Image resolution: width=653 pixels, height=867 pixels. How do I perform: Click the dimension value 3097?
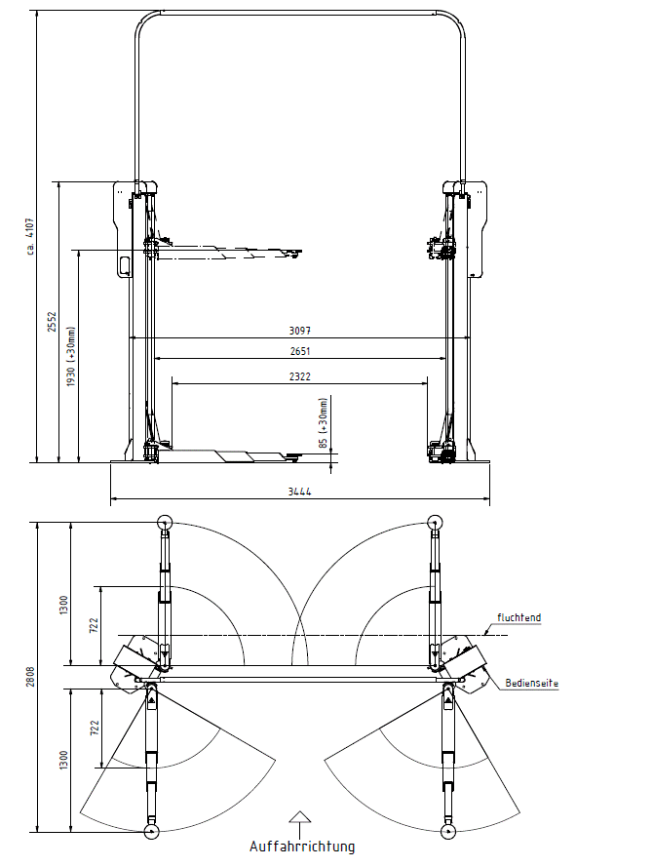[x=300, y=331]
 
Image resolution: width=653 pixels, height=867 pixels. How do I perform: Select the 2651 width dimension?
[x=300, y=351]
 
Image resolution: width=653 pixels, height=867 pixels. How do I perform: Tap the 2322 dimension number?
[x=300, y=376]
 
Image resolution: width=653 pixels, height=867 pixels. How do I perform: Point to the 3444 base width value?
[x=299, y=491]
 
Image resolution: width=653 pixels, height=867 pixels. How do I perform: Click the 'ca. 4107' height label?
[x=30, y=236]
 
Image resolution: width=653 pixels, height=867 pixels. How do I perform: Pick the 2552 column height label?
[x=52, y=321]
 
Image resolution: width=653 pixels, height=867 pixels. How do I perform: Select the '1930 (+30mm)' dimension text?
[x=71, y=357]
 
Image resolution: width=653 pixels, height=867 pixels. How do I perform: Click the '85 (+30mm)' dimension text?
[x=324, y=423]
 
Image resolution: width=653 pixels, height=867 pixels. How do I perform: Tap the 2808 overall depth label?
[x=30, y=677]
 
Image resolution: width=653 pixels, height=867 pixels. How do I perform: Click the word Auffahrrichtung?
[x=301, y=847]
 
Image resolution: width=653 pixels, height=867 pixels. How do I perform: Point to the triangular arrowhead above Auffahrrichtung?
[x=299, y=816]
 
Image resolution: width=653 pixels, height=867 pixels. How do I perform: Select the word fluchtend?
[x=519, y=617]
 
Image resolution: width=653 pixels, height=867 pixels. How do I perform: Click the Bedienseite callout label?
[x=531, y=684]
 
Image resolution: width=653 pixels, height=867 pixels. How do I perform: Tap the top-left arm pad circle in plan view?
[x=165, y=522]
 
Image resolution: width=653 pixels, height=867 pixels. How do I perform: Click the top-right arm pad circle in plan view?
[x=436, y=522]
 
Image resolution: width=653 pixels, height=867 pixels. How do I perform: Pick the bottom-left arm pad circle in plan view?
[x=151, y=831]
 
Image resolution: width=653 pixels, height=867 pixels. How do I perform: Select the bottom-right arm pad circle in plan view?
[x=448, y=831]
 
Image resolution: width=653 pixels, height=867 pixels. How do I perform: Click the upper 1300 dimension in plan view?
[x=63, y=605]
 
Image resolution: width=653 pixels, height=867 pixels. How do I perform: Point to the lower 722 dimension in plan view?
[x=95, y=728]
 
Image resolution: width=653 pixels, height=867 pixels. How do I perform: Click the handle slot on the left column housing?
[x=124, y=265]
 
